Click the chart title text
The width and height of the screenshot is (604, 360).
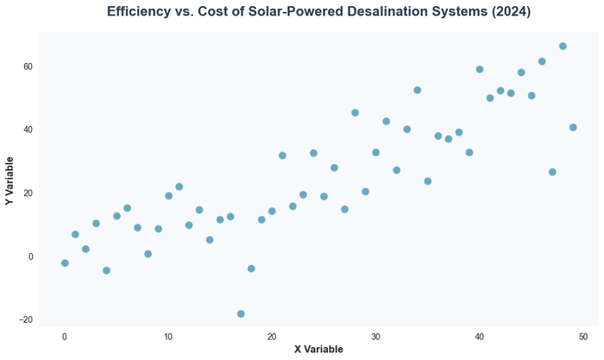[318, 12]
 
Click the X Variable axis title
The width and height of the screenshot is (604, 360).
[318, 349]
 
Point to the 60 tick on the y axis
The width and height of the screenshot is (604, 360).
[28, 66]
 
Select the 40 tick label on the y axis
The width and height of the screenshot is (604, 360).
[28, 129]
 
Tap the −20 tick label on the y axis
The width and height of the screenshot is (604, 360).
[25, 319]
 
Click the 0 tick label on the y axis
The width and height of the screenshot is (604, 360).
[30, 256]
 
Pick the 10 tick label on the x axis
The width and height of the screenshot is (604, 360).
[168, 335]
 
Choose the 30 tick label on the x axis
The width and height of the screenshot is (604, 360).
[375, 335]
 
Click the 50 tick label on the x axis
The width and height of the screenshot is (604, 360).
[583, 335]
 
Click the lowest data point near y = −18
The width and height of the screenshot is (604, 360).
[241, 314]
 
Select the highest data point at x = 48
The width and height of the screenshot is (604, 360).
[563, 46]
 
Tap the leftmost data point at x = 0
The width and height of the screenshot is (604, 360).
[65, 263]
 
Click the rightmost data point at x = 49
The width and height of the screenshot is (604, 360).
[573, 128]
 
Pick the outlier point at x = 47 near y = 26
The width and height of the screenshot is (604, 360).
[552, 173]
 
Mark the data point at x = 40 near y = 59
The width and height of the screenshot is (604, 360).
[480, 69]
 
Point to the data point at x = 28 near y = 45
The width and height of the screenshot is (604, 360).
[355, 113]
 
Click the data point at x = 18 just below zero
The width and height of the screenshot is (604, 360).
[251, 268]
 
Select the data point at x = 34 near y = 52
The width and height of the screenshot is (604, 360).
[418, 90]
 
